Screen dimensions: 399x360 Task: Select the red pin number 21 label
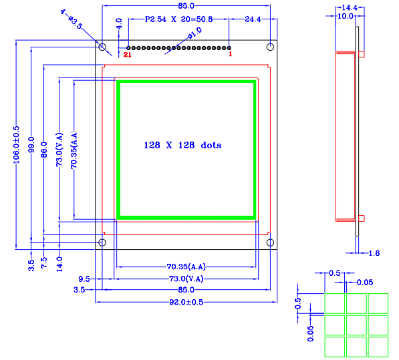127,54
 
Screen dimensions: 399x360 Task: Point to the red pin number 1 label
231,54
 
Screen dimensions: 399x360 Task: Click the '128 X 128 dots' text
182,145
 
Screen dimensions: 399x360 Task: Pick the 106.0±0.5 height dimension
16,145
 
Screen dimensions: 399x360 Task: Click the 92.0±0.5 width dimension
186,302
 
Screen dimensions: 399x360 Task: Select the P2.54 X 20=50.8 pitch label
178,19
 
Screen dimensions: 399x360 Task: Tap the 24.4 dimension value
253,19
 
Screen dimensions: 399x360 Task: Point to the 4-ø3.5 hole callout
72,19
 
